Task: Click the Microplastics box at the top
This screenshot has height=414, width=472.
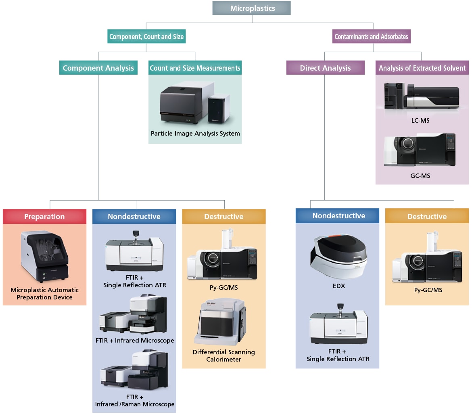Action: pyautogui.click(x=251, y=8)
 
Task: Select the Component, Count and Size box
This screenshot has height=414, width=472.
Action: pyautogui.click(x=146, y=37)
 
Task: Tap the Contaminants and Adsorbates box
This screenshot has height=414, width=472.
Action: pyautogui.click(x=371, y=37)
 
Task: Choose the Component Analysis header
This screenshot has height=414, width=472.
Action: pyautogui.click(x=98, y=68)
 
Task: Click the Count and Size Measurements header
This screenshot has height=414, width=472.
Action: pyautogui.click(x=195, y=68)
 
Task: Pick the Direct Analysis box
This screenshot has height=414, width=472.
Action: pyautogui.click(x=325, y=68)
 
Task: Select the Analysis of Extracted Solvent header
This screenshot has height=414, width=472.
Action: pyautogui.click(x=422, y=68)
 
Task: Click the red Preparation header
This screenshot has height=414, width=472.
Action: pyautogui.click(x=44, y=216)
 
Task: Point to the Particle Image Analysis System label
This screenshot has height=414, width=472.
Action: pyautogui.click(x=195, y=134)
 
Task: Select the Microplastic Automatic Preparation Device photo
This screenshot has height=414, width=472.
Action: pyautogui.click(x=44, y=256)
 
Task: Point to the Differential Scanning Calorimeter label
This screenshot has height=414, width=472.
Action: pyautogui.click(x=223, y=355)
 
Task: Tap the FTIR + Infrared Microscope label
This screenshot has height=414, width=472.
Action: pyautogui.click(x=135, y=340)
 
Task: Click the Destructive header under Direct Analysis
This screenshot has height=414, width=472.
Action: pyautogui.click(x=427, y=216)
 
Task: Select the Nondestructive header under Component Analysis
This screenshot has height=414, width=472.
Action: pyautogui.click(x=134, y=216)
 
